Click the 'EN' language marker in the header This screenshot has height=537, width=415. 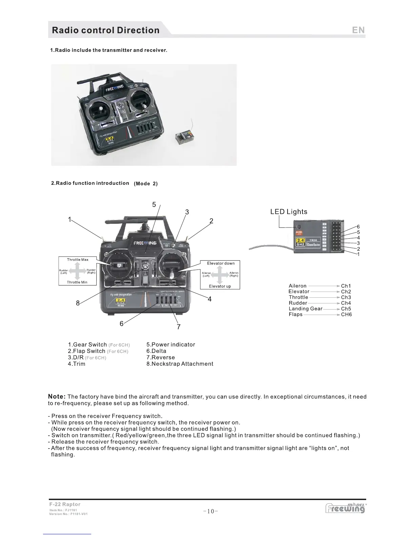pos(358,30)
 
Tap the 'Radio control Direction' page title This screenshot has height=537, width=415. pos(105,30)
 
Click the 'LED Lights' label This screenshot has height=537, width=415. pos(289,212)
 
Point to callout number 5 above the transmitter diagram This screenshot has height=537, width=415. pos(154,204)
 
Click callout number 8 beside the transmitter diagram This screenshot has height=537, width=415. pos(78,303)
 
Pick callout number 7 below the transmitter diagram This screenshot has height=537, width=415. pos(179,327)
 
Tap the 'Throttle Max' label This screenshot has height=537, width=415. pos(78,260)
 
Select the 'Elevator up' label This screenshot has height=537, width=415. pos(220,286)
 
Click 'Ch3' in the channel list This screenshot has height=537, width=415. pos(346,297)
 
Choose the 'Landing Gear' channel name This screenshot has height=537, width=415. pos(305,309)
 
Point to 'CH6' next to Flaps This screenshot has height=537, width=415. pos(346,314)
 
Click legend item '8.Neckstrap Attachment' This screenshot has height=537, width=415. pos(180,364)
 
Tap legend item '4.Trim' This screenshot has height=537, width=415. pos(77,364)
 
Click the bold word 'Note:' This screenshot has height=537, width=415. pos(57,396)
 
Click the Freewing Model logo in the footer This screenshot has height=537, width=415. pos(345,508)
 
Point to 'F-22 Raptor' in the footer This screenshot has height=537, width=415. pos(65,504)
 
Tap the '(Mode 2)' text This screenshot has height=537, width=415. pos(146,183)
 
